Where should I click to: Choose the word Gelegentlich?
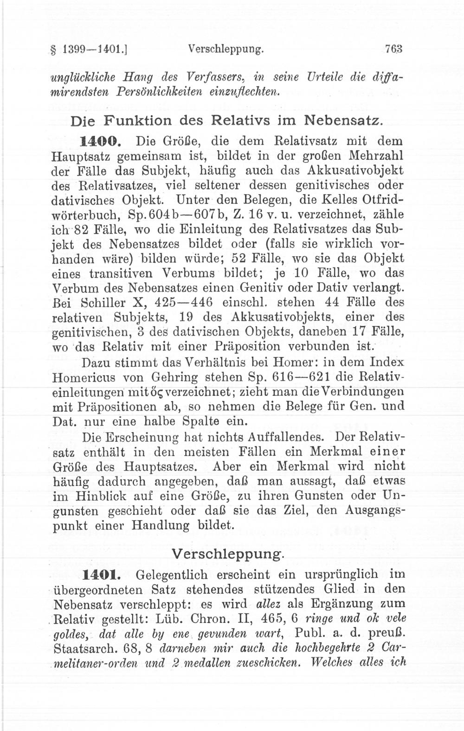[x=172, y=575]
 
